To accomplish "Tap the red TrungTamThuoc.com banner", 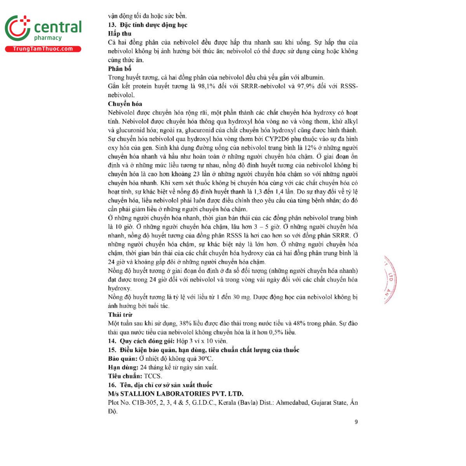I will (43, 49).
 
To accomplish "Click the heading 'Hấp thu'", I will (120, 34).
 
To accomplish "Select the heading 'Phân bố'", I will (120, 69).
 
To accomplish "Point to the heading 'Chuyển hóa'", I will (125, 104).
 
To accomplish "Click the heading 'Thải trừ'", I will (120, 315).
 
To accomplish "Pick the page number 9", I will (356, 422).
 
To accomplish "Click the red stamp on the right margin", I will (389, 280).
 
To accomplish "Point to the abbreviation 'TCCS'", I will (152, 376).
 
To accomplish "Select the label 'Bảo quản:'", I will (123, 358).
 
